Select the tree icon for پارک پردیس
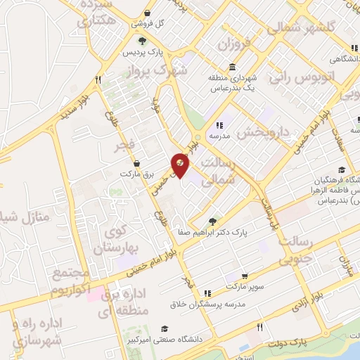click(143, 41)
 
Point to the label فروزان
click(234, 46)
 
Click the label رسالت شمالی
click(217, 172)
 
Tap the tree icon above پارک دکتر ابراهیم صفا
click(214, 220)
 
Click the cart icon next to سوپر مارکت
click(244, 276)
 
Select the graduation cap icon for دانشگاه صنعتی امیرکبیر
click(165, 329)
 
